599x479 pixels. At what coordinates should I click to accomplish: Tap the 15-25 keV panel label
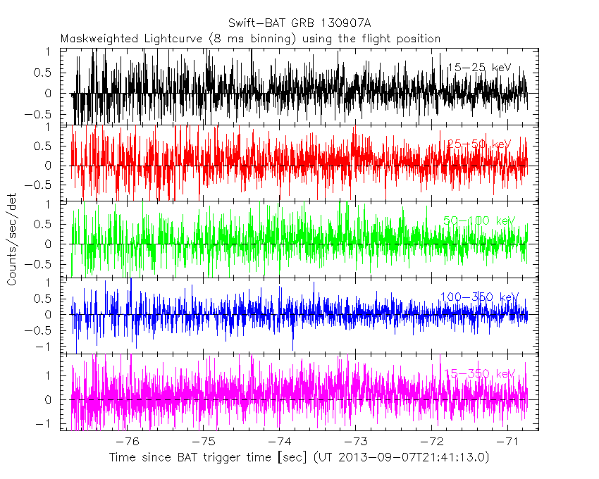[x=478, y=68]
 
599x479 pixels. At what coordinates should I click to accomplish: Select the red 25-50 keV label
[x=478, y=144]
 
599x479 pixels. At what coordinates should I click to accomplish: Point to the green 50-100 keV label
[x=478, y=220]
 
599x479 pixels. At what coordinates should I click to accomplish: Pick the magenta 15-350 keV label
[x=478, y=373]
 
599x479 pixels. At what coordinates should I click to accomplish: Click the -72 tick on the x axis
[x=431, y=442]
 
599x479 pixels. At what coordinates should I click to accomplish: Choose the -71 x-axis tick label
[x=508, y=442]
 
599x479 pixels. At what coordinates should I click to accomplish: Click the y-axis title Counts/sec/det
[x=12, y=241]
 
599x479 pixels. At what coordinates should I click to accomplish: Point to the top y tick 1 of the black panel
[x=48, y=52]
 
